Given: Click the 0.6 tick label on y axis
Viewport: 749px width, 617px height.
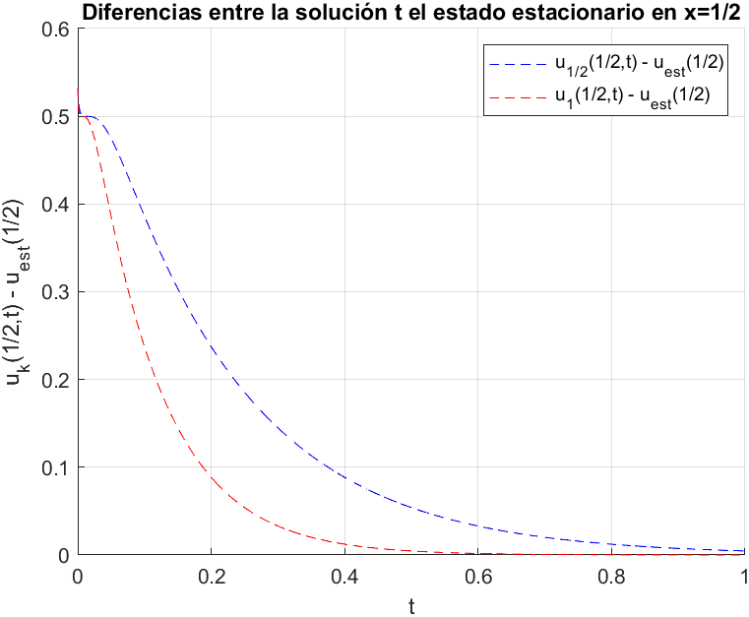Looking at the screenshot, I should [56, 30].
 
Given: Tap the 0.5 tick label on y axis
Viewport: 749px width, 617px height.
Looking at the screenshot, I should [56, 117].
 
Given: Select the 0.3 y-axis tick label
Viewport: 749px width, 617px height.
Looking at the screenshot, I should [56, 292].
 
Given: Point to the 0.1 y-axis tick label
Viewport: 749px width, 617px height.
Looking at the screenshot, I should [56, 467].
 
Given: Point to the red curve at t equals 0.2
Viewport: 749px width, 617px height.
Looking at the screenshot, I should [212, 479].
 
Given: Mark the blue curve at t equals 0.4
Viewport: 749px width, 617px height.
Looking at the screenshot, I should [344, 477].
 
